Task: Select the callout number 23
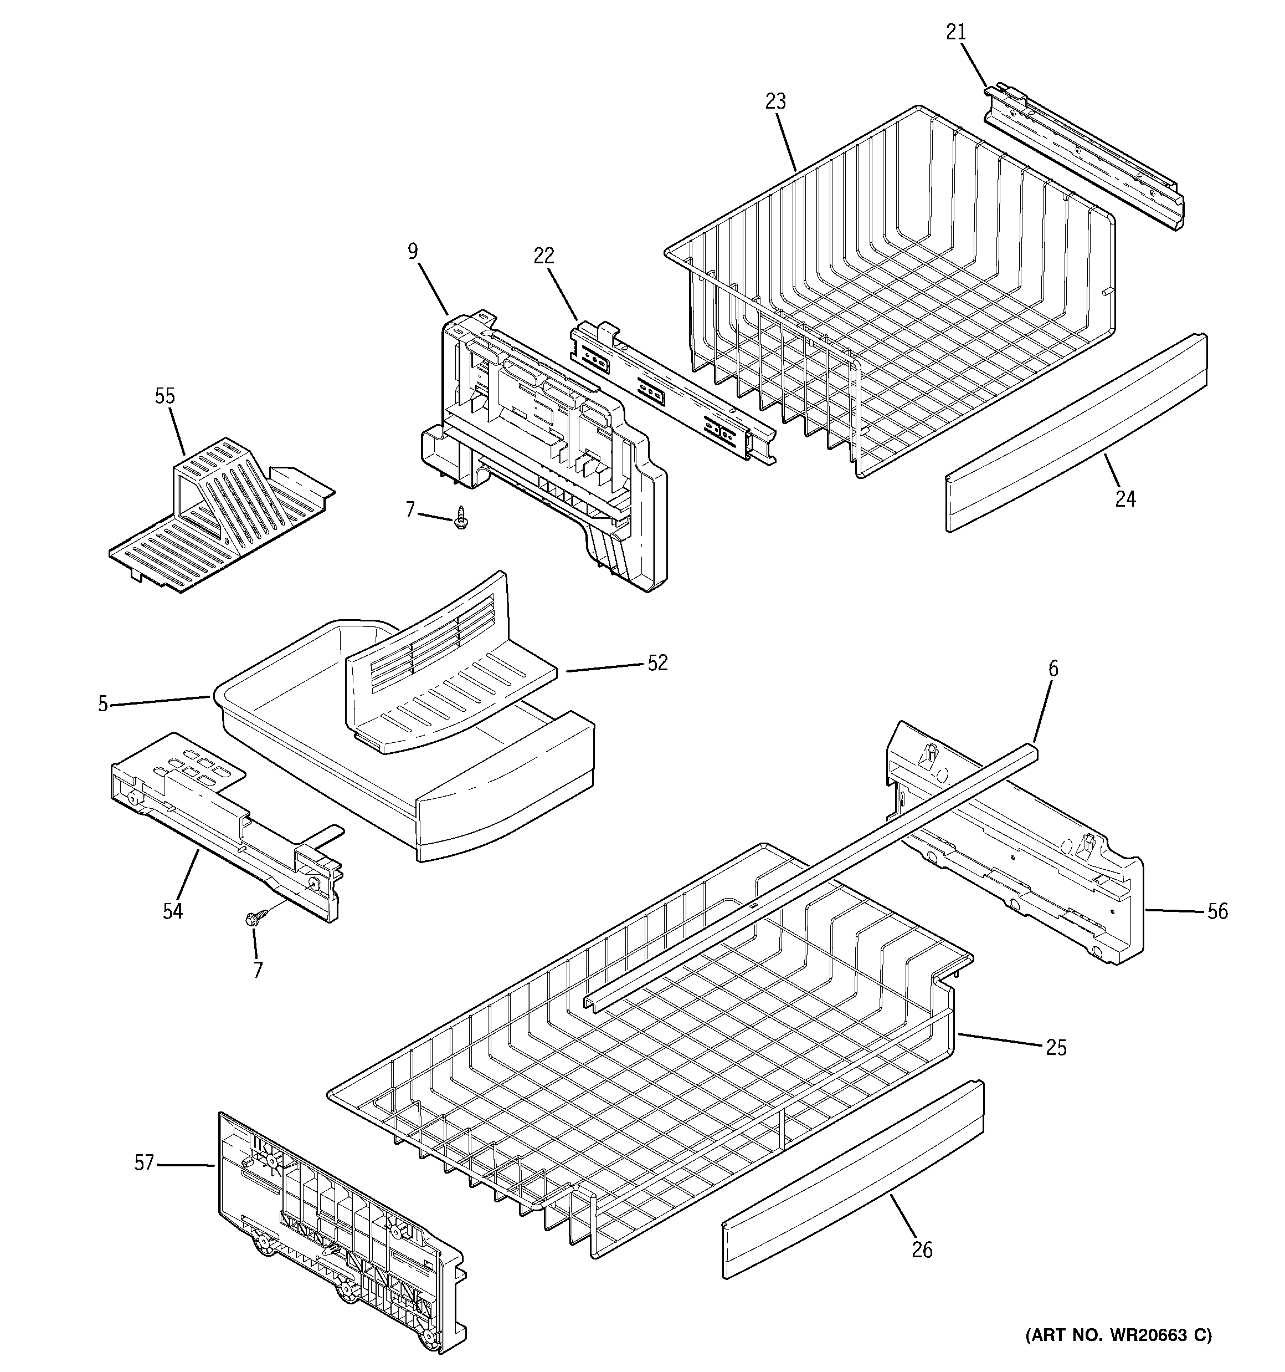pyautogui.click(x=775, y=101)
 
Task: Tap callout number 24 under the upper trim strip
pyautogui.click(x=1125, y=498)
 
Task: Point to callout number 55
pyautogui.click(x=165, y=396)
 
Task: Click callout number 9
pyautogui.click(x=413, y=251)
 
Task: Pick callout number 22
pyautogui.click(x=543, y=256)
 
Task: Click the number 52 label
pyautogui.click(x=657, y=663)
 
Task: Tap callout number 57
pyautogui.click(x=143, y=1164)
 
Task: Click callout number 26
pyautogui.click(x=922, y=1250)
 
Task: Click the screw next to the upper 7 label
pyautogui.click(x=461, y=517)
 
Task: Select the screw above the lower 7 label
pyautogui.click(x=252, y=919)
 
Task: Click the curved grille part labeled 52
pyautogui.click(x=448, y=676)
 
